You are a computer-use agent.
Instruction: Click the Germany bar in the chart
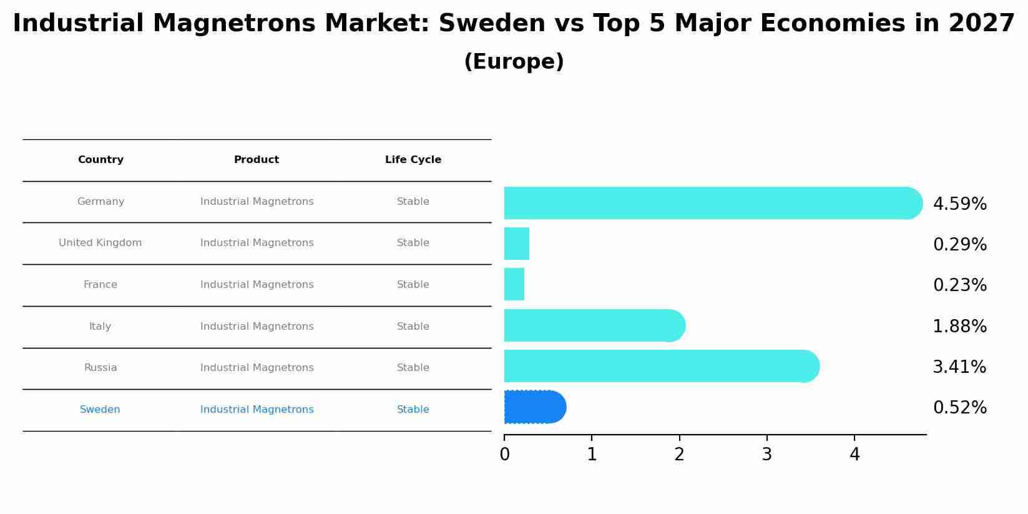(x=712, y=203)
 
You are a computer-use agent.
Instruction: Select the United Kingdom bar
(x=517, y=244)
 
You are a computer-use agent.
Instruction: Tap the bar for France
(x=514, y=285)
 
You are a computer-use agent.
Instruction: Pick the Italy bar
(x=593, y=325)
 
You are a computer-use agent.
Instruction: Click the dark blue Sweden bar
(x=534, y=407)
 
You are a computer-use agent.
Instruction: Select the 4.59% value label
(x=959, y=204)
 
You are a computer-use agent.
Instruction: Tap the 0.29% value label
(x=959, y=245)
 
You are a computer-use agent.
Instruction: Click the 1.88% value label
(x=959, y=327)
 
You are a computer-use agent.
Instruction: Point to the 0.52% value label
(x=959, y=408)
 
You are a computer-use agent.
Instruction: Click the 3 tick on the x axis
(x=767, y=455)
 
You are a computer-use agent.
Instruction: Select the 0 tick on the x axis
(x=504, y=455)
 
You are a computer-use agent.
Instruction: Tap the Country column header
(x=100, y=160)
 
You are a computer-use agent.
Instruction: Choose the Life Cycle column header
(x=413, y=160)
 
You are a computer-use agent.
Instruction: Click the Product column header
(x=257, y=160)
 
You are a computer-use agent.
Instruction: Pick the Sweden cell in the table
(x=100, y=410)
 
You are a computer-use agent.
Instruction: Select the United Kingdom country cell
(x=100, y=243)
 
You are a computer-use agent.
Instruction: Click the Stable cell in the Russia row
(x=413, y=368)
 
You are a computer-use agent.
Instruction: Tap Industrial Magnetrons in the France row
(x=257, y=285)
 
